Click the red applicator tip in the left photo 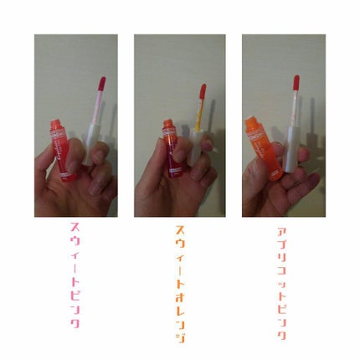coord(101,85)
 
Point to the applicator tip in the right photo coord(296,83)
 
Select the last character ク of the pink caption coord(74,322)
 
